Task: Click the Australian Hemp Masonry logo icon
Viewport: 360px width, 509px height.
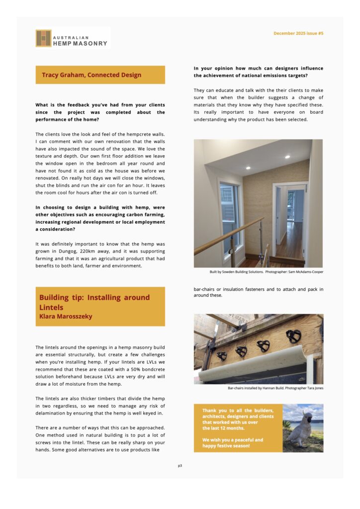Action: coord(43,38)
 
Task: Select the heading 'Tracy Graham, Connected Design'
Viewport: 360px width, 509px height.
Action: coord(91,75)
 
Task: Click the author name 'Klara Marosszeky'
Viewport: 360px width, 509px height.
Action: coord(66,316)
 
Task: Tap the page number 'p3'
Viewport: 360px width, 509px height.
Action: coord(180,466)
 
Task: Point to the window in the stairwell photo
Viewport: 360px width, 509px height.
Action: coord(229,216)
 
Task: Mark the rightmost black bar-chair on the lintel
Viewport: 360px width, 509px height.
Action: coord(293,337)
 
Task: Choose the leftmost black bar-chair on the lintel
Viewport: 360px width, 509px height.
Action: coord(222,356)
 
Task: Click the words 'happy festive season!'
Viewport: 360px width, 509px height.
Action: coord(226,446)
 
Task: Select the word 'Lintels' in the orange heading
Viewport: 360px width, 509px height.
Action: coord(51,307)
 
